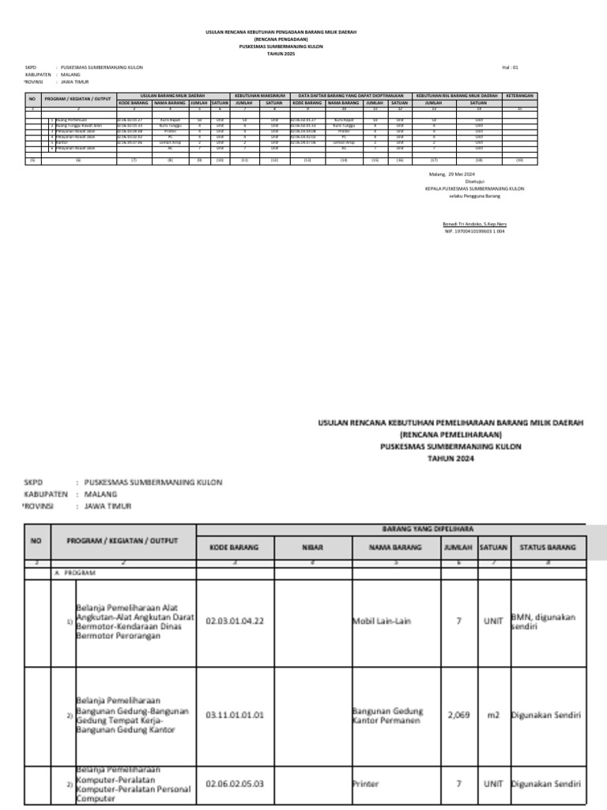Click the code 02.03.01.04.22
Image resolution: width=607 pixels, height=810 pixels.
click(x=235, y=621)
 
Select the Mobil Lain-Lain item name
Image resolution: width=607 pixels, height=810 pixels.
click(x=382, y=621)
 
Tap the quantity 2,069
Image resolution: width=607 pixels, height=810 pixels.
click(x=458, y=714)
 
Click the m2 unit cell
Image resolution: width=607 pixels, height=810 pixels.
click(x=493, y=714)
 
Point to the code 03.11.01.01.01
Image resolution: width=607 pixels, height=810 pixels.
click(x=235, y=714)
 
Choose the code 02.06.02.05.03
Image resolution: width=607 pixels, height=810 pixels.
click(x=235, y=784)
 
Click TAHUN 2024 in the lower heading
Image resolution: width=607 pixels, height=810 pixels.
click(x=450, y=457)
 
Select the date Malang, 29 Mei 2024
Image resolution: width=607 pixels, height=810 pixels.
click(x=453, y=174)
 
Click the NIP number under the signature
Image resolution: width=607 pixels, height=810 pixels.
click(x=474, y=231)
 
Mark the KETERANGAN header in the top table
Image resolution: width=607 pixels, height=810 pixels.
click(x=520, y=95)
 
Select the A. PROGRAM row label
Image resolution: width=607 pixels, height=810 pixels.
click(x=75, y=571)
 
